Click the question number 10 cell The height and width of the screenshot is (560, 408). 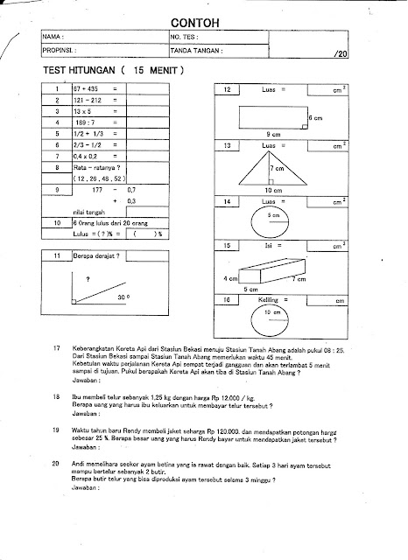pos(56,223)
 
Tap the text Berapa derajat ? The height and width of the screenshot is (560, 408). pos(97,255)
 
